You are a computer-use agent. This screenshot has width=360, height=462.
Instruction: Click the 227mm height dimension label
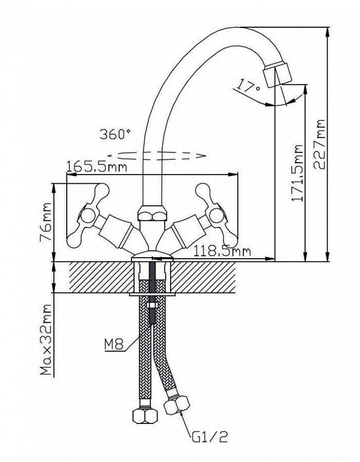321,144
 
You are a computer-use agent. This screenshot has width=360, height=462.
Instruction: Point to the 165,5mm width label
97,167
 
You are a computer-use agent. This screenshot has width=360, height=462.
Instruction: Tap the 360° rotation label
116,135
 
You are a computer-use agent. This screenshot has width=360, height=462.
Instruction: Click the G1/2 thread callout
211,437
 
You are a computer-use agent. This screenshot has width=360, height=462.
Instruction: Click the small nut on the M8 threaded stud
152,306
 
